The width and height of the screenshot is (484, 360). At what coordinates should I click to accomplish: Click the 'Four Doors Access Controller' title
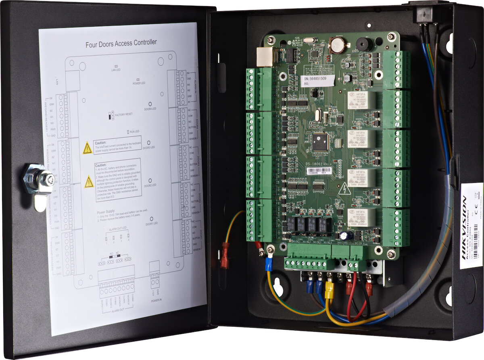point(121,43)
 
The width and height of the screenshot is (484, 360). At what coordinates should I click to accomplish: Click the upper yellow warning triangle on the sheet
point(87,148)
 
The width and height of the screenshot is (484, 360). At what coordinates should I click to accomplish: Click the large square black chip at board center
point(321,141)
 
